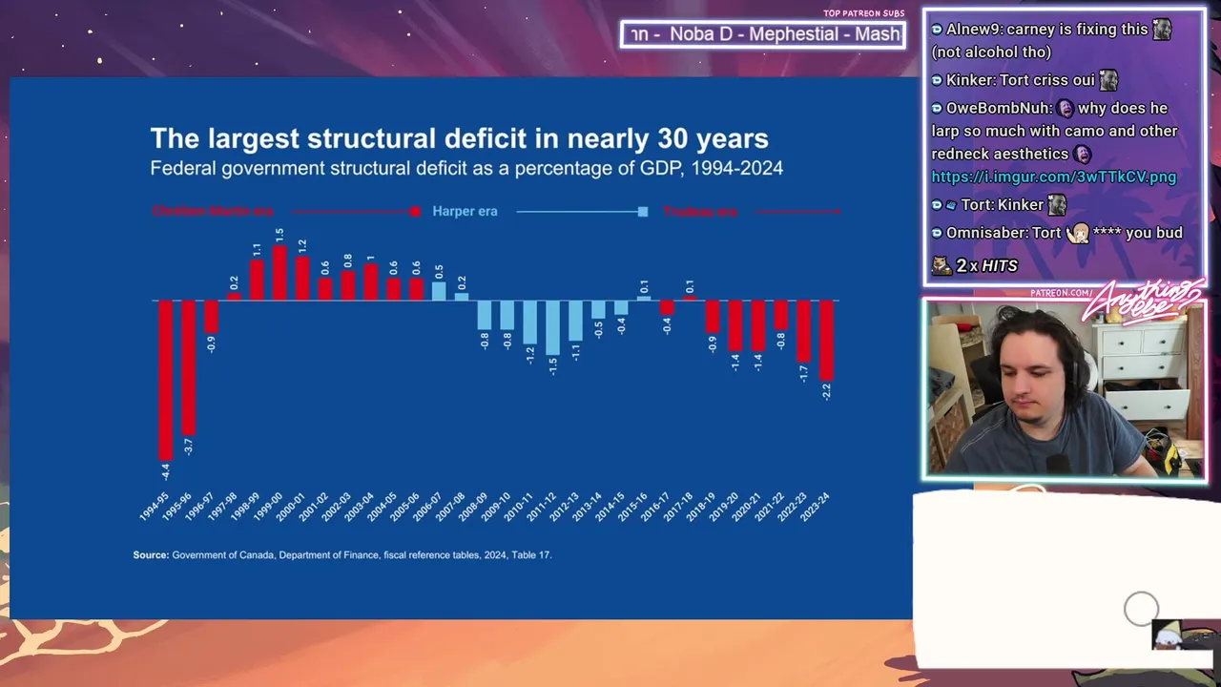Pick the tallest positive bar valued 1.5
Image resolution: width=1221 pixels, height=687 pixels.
tap(279, 273)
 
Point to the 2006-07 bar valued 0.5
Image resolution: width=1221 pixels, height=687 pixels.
tap(439, 291)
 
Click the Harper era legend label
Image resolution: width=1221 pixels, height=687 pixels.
tap(465, 211)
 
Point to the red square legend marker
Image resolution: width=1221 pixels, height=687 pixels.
tap(415, 211)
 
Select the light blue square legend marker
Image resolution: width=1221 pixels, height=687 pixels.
tap(643, 211)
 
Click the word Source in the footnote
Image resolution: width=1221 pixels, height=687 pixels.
tap(151, 554)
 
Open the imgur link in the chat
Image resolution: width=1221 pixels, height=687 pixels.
tap(1053, 177)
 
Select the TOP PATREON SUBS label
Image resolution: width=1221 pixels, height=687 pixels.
tap(863, 13)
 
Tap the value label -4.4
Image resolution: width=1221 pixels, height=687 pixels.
tap(165, 471)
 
